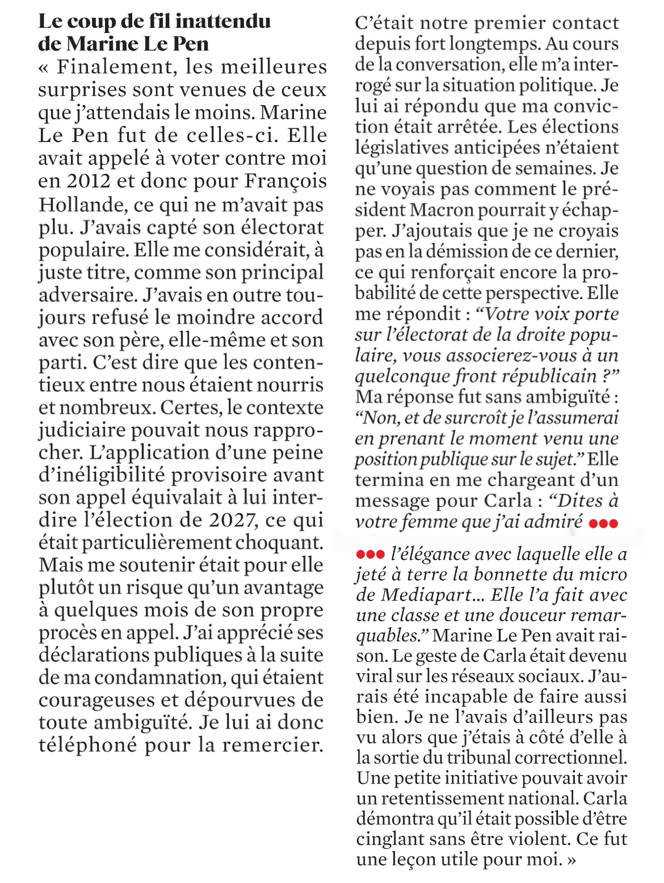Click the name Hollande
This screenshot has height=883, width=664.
(x=74, y=204)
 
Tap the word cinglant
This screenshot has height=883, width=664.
(x=391, y=839)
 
